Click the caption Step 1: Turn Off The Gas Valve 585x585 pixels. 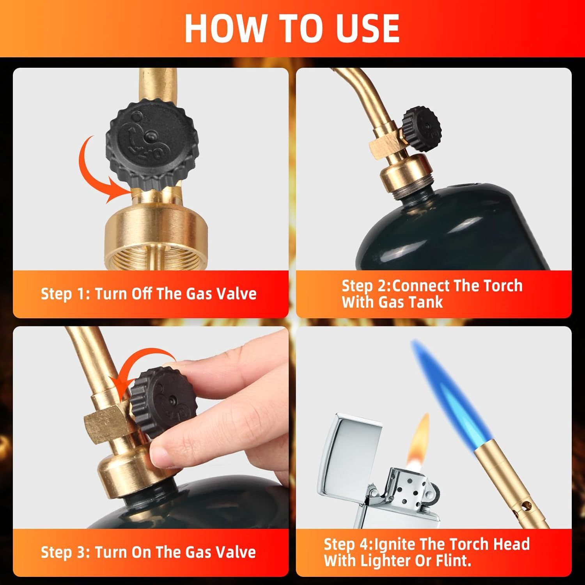[x=149, y=293]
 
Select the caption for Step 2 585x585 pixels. [x=432, y=294]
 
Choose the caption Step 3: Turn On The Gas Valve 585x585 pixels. [x=148, y=552]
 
